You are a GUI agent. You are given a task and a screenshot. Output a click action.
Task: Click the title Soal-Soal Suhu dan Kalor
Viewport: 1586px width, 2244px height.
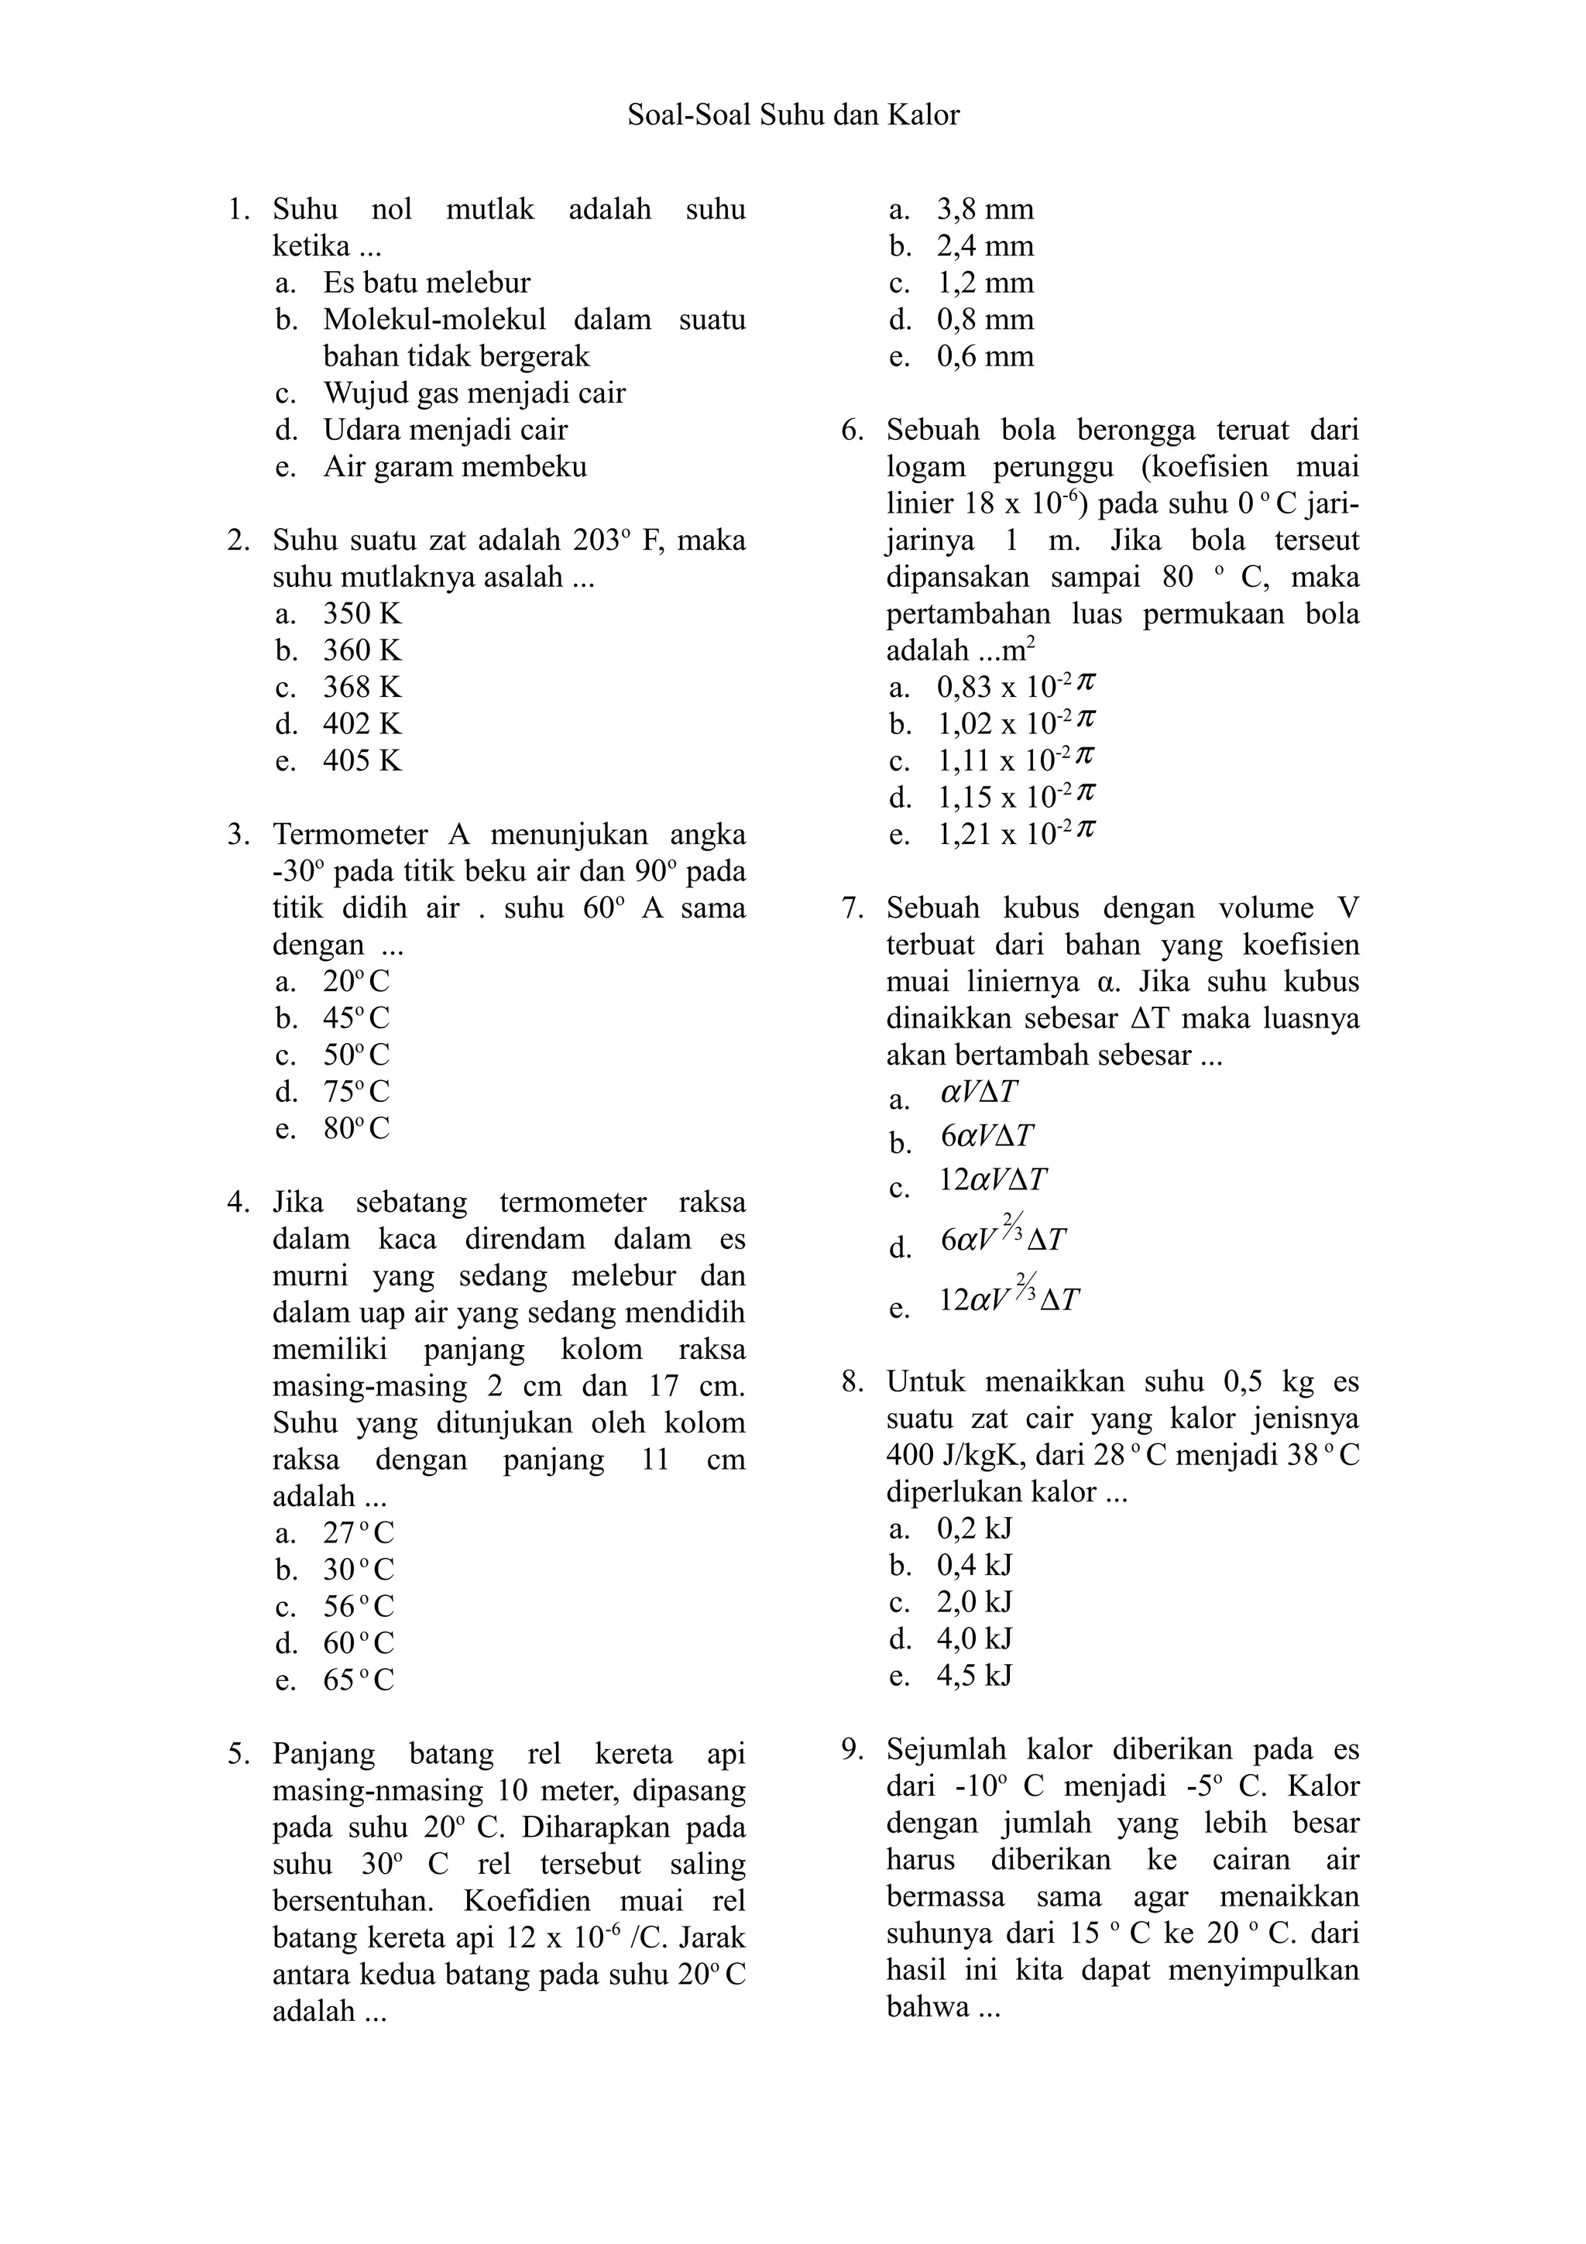tap(792, 115)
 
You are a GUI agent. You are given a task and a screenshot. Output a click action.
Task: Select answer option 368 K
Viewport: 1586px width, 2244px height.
tap(362, 687)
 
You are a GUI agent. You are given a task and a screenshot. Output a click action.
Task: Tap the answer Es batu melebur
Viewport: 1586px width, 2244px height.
tap(426, 283)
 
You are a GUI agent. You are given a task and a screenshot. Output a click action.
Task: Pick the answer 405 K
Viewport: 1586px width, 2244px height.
tap(362, 760)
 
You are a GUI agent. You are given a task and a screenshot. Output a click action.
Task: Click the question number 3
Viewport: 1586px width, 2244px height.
tap(239, 835)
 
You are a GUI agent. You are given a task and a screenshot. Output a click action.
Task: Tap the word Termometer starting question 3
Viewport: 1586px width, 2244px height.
tap(351, 835)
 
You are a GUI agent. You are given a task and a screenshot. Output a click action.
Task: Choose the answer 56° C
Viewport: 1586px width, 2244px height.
tap(358, 1607)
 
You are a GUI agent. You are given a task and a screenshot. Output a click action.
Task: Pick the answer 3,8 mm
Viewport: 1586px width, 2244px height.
tap(984, 209)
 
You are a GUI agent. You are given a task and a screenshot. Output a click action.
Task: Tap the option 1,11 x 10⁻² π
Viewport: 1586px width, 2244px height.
tap(1015, 760)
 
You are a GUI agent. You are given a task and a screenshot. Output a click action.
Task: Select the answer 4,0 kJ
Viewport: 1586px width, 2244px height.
tap(973, 1638)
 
